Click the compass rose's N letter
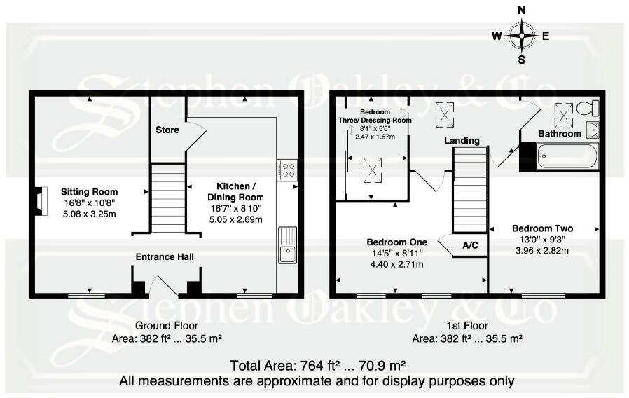pyautogui.click(x=521, y=10)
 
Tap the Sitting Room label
pyautogui.click(x=89, y=191)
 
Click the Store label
pyautogui.click(x=167, y=130)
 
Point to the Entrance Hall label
pyautogui.click(x=165, y=257)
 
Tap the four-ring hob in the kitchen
pyautogui.click(x=287, y=169)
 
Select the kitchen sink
pyautogui.click(x=287, y=245)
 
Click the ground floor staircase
pyautogui.click(x=167, y=198)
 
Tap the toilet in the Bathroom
pyautogui.click(x=593, y=108)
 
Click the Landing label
pyautogui.click(x=462, y=140)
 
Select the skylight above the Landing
pyautogui.click(x=445, y=115)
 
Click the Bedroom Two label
pyautogui.click(x=542, y=228)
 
